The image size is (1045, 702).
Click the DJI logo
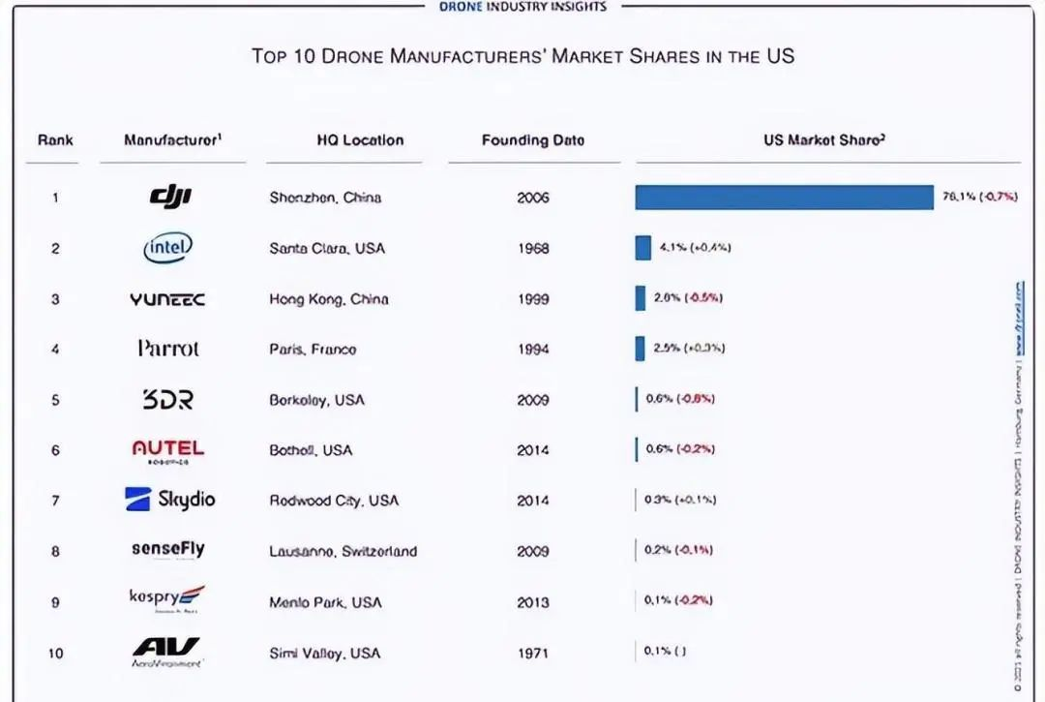pos(170,198)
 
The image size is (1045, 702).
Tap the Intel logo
pos(167,248)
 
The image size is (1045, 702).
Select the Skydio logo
pos(170,500)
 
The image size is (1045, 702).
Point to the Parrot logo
pos(168,349)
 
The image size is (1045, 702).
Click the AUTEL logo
pos(168,449)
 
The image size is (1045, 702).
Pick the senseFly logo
pos(168,549)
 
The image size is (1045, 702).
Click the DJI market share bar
pos(784,198)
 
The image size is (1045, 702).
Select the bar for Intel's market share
pos(642,248)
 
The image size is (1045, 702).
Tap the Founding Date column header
pos(533,140)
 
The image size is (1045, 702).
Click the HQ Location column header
pos(360,140)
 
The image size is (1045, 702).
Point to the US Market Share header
pos(824,140)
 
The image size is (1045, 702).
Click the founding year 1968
pos(533,249)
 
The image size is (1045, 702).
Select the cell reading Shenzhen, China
pos(325,198)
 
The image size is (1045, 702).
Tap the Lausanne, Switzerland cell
pos(343,551)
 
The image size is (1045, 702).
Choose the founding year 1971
pos(533,654)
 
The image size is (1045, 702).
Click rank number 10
pos(55,654)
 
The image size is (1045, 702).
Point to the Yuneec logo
pos(167,299)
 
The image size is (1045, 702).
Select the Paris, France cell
pos(313,350)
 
